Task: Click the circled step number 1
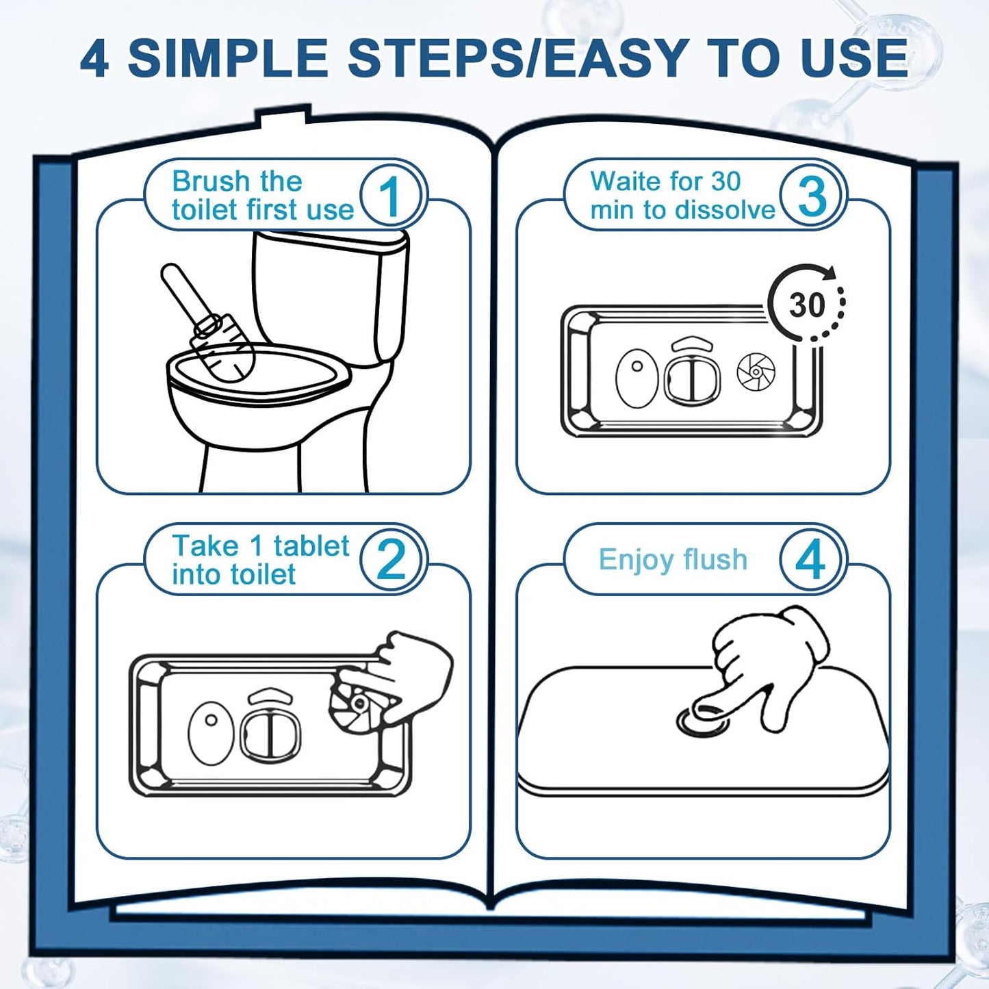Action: click(x=393, y=195)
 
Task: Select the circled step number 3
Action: click(x=812, y=195)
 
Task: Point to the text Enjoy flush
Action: click(x=673, y=559)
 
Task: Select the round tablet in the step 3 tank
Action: click(x=756, y=370)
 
